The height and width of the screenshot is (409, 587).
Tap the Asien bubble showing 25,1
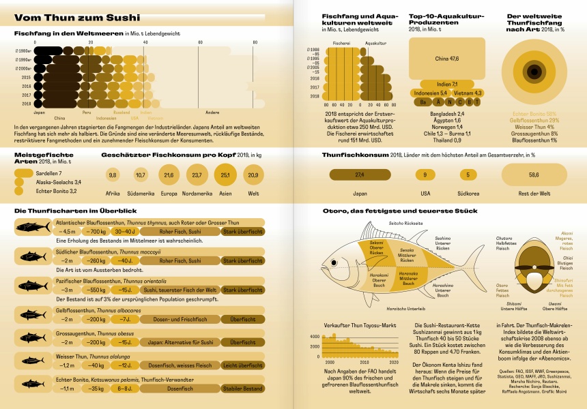[225, 175]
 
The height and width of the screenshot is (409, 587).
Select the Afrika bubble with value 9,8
[113, 175]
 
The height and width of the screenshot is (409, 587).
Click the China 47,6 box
[447, 59]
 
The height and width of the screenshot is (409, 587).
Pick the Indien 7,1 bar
[447, 83]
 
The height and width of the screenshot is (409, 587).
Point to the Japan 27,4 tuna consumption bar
[360, 175]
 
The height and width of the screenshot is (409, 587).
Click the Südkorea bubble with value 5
[468, 175]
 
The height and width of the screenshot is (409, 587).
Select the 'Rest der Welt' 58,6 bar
[533, 175]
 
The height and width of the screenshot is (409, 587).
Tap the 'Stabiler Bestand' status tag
[243, 389]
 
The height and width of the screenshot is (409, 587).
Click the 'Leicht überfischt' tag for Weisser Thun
[243, 365]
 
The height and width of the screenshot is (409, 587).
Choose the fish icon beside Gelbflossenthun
[33, 314]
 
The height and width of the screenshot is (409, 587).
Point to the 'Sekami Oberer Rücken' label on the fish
[377, 247]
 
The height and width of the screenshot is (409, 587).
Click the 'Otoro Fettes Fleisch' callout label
[502, 290]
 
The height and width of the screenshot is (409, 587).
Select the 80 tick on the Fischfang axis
[255, 43]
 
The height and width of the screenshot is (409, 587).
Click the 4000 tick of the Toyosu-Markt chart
[315, 337]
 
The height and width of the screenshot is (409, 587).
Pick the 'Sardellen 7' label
[44, 174]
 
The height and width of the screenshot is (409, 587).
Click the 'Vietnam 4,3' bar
[468, 92]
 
